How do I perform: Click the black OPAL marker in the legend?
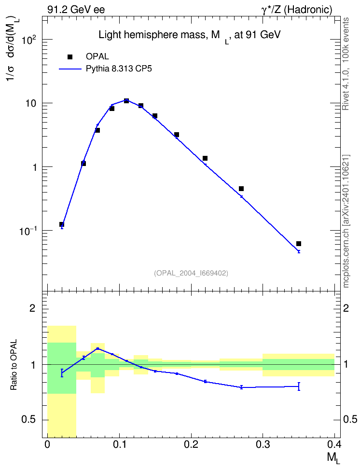click(x=70, y=57)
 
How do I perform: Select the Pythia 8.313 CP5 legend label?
click(x=119, y=69)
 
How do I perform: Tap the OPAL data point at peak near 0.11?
click(x=126, y=101)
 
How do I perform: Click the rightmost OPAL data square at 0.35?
click(x=299, y=244)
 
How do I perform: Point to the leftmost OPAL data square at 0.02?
click(x=62, y=224)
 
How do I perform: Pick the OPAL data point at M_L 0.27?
click(x=241, y=189)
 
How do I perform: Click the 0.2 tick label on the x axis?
click(x=191, y=445)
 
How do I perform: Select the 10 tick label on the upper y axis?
click(x=31, y=103)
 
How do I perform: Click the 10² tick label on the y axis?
click(x=29, y=39)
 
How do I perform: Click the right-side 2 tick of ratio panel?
click(x=346, y=308)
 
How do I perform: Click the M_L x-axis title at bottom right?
click(x=333, y=458)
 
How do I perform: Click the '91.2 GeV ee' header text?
click(x=76, y=10)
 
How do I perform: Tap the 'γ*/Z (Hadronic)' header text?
click(x=297, y=10)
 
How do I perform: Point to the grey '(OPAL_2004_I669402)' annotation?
click(x=191, y=273)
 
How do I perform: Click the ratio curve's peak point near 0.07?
click(x=97, y=348)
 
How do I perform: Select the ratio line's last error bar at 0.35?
click(x=299, y=386)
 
